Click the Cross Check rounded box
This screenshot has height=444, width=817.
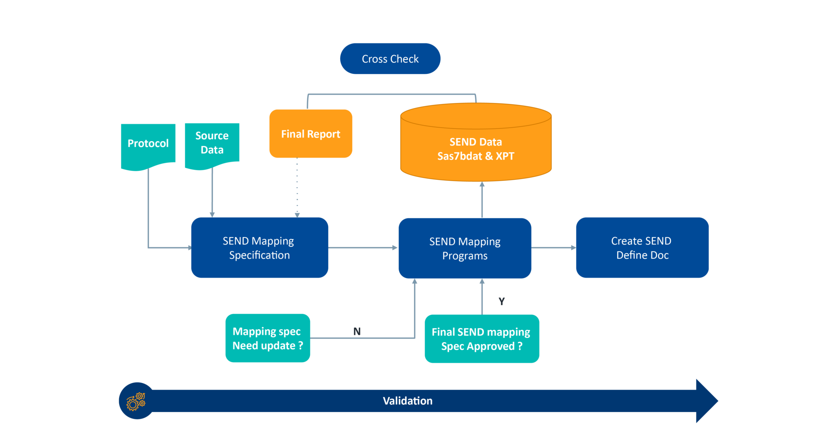pyautogui.click(x=390, y=59)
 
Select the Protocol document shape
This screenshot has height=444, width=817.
pyautogui.click(x=148, y=144)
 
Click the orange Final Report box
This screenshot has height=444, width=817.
pyautogui.click(x=310, y=134)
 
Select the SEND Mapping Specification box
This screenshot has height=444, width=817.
pyautogui.click(x=259, y=248)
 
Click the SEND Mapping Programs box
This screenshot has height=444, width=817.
pyautogui.click(x=465, y=248)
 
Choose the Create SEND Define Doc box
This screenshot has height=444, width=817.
pyautogui.click(x=642, y=248)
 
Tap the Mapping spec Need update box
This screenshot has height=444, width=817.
pyautogui.click(x=267, y=338)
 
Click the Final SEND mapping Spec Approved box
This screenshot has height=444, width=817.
pyautogui.click(x=482, y=339)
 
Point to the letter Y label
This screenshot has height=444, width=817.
pyautogui.click(x=501, y=301)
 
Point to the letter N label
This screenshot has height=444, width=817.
pyautogui.click(x=357, y=332)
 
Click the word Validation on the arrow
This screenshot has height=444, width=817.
pyautogui.click(x=407, y=401)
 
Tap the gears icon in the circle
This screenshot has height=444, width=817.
pyautogui.click(x=136, y=401)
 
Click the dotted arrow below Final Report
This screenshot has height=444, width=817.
pyautogui.click(x=297, y=187)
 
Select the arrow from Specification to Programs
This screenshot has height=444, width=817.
pyautogui.click(x=363, y=248)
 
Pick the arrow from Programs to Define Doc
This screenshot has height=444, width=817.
pyautogui.click(x=554, y=248)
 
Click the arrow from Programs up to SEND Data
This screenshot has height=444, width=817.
pyautogui.click(x=482, y=199)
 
